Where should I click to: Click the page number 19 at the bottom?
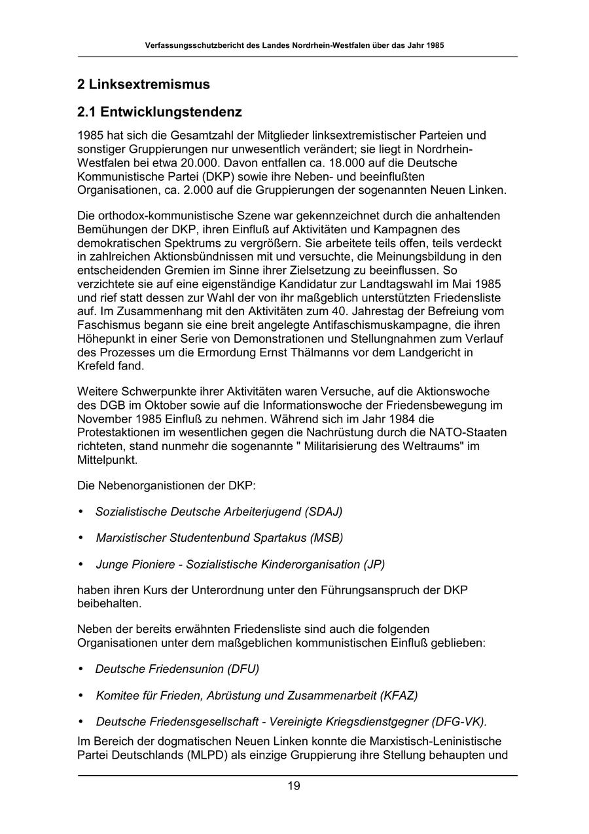pos(294,786)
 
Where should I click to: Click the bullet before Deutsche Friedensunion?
pos(81,669)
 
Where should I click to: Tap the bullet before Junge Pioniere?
pos(81,564)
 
